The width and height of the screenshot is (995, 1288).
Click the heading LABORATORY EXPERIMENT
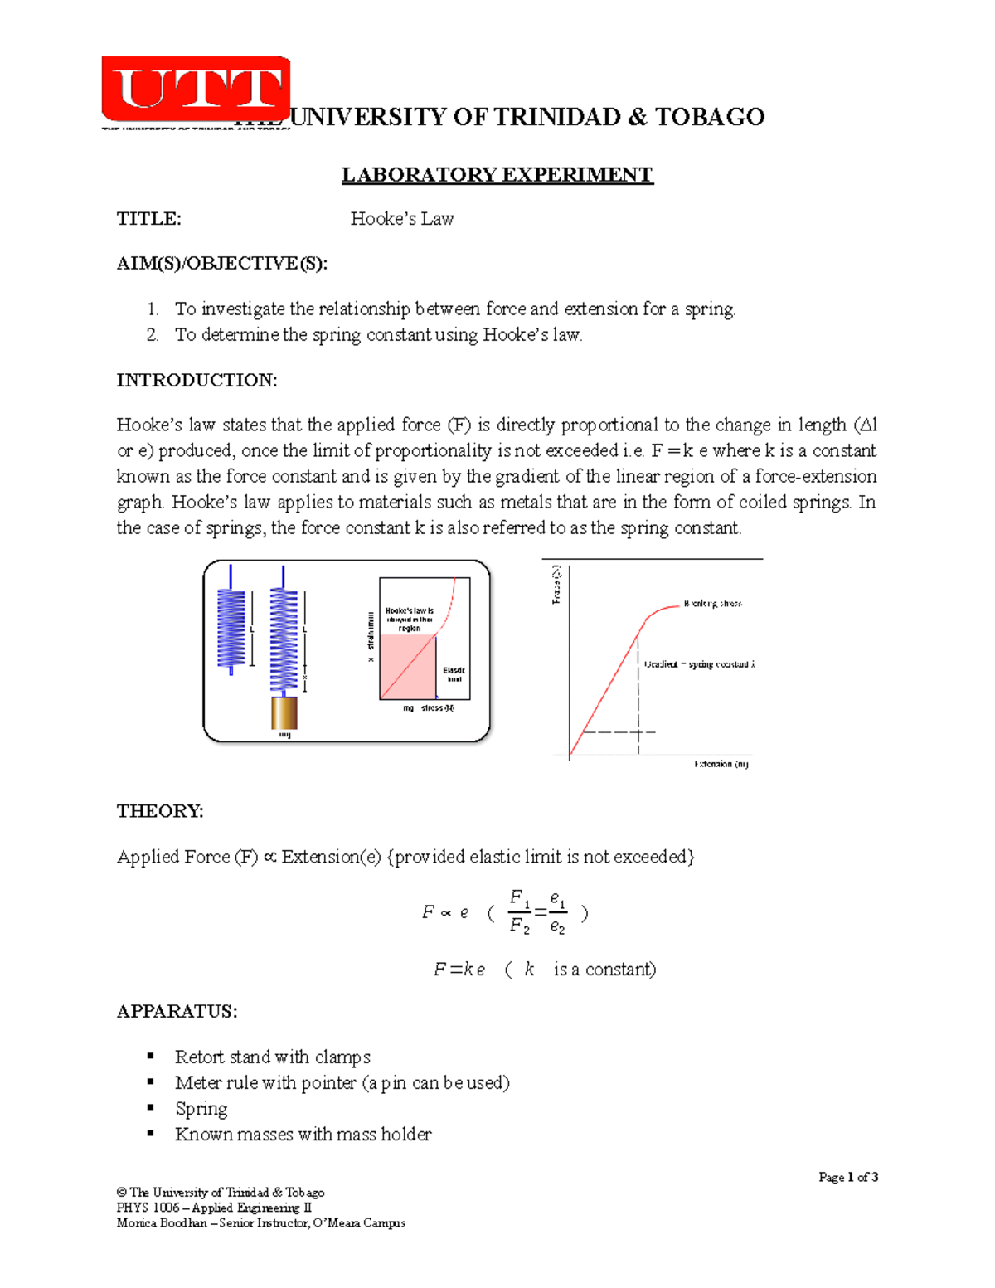498,175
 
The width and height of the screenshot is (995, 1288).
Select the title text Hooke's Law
402,219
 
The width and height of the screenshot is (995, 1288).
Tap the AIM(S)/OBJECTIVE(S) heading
222,264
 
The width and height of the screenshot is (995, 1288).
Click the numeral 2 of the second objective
152,335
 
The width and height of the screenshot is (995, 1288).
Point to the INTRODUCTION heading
197,381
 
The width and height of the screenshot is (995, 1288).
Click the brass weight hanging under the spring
284,712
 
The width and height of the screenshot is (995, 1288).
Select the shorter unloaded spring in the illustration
231,628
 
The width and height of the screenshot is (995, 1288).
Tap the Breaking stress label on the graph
712,604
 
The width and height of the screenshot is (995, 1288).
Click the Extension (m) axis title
721,764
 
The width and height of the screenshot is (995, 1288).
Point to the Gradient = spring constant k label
699,664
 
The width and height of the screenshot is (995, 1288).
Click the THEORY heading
160,811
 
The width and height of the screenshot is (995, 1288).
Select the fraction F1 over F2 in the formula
520,912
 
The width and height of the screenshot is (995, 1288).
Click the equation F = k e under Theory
459,970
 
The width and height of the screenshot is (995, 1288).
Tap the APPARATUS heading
177,1012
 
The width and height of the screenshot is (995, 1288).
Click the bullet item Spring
201,1109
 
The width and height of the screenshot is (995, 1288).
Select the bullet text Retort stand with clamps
272,1057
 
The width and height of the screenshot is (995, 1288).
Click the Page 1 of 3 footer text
847,1177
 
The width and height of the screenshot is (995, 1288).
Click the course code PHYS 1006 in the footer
148,1208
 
